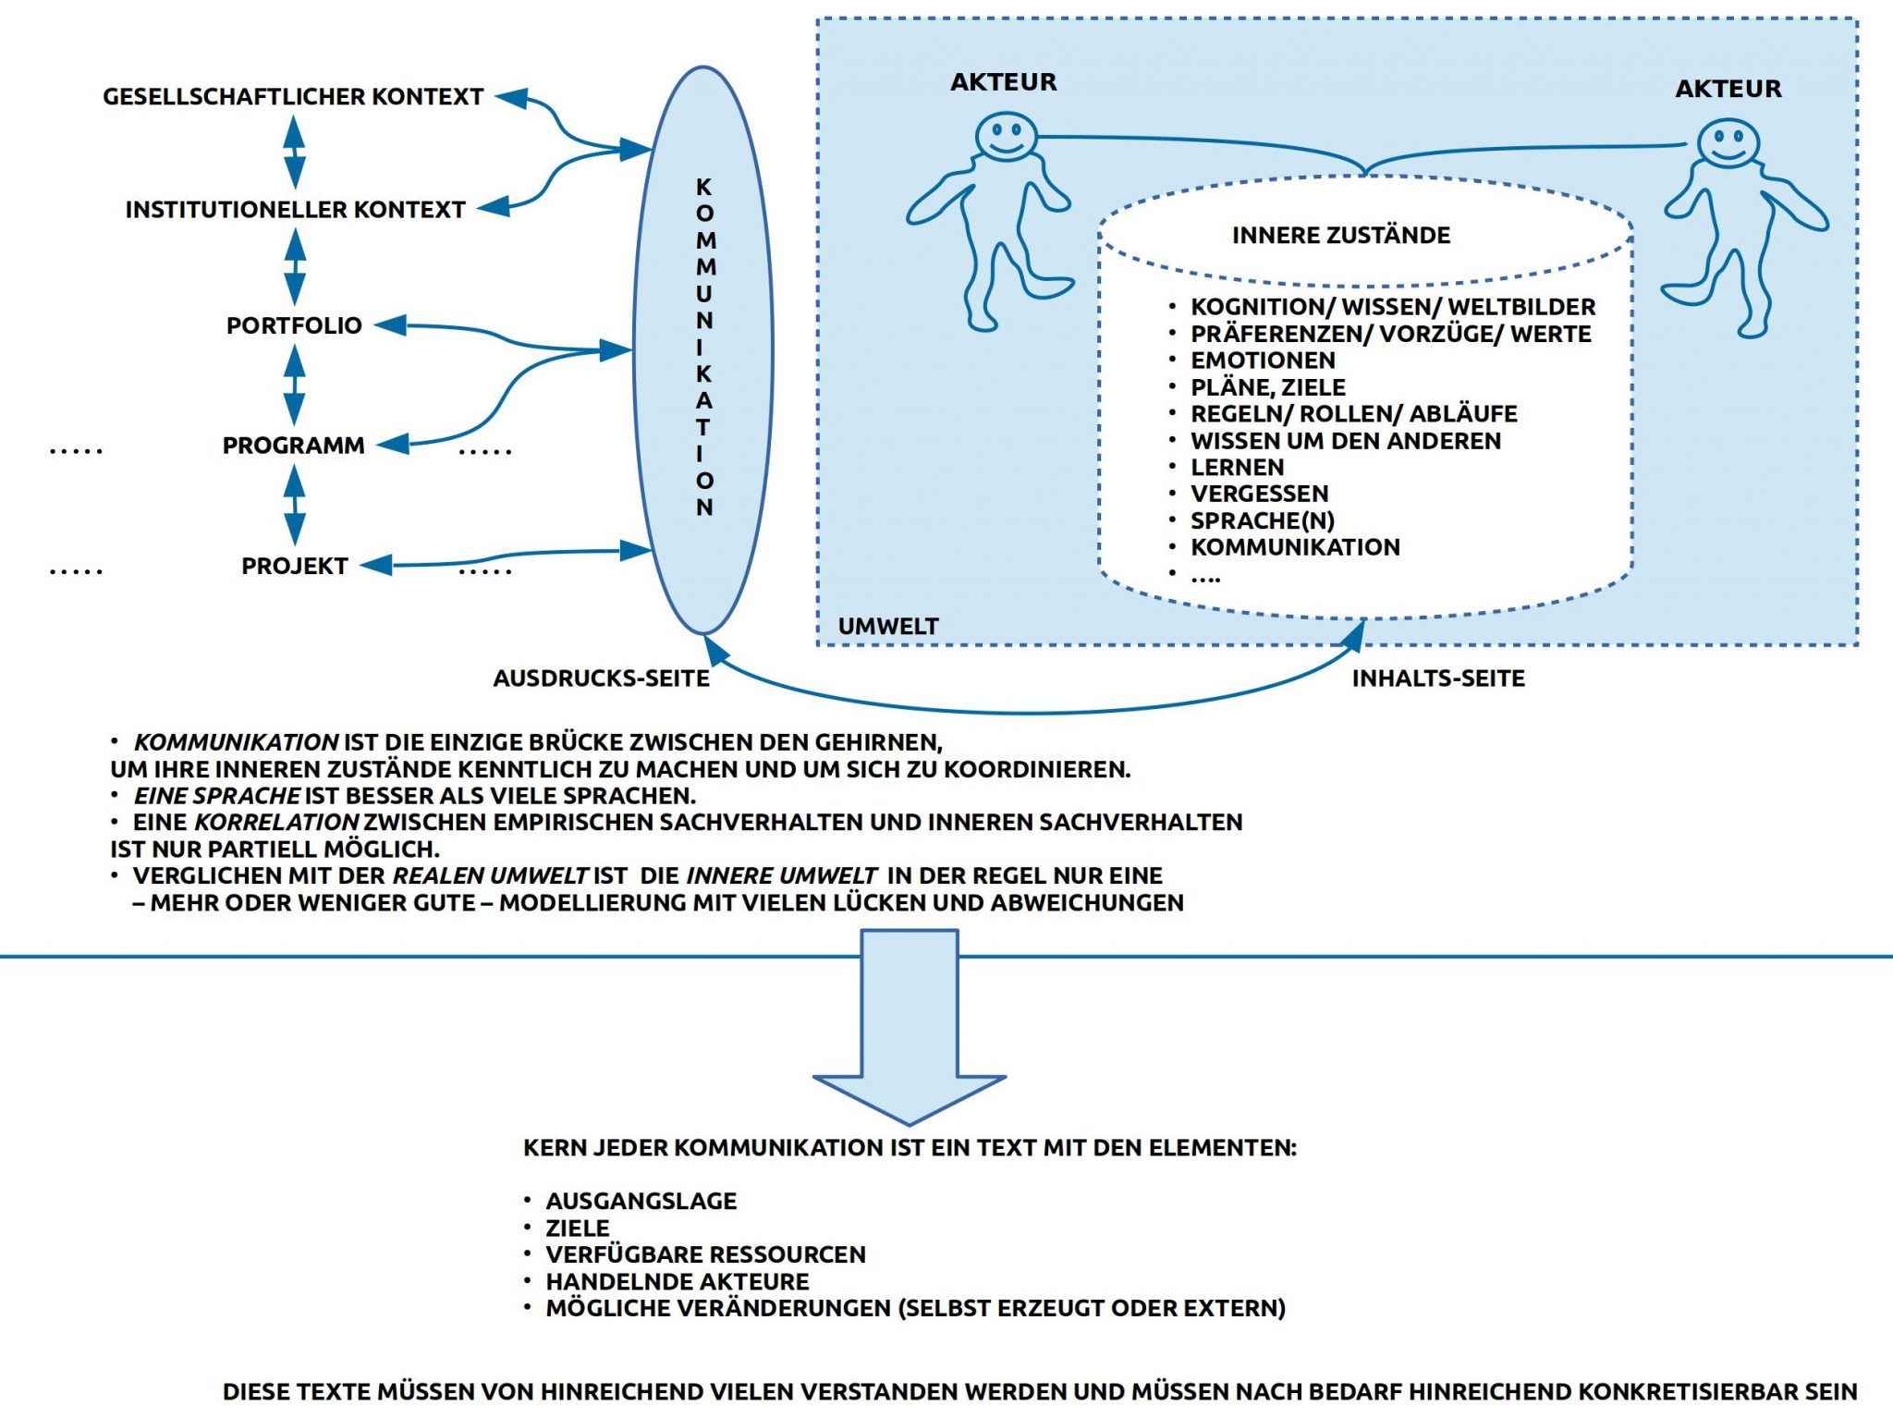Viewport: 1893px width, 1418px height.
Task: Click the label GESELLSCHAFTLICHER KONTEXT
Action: click(293, 97)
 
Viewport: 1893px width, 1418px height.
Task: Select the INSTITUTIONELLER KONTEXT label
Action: click(295, 210)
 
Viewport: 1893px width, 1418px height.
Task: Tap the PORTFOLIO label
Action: click(294, 325)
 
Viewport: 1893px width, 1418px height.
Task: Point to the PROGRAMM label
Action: click(294, 446)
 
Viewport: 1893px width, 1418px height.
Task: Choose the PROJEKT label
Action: click(295, 566)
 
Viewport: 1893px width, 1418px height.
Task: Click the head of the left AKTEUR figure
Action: click(1005, 137)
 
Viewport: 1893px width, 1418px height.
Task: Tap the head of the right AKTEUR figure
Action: click(1728, 143)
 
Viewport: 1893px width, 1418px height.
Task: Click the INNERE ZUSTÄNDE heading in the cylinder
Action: click(1340, 236)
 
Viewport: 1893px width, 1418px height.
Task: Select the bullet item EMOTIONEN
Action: click(1263, 361)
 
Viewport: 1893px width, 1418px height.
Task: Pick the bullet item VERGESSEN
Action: click(1259, 494)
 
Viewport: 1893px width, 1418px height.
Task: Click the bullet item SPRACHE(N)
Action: click(1263, 520)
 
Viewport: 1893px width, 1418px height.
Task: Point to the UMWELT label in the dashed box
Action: click(887, 627)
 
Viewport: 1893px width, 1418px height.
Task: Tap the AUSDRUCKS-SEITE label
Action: click(601, 678)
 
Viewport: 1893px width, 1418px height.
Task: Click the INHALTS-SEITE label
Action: click(1438, 678)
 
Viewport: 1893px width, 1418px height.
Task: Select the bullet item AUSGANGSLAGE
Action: click(641, 1201)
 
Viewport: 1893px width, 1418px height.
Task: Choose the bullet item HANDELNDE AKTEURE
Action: click(677, 1281)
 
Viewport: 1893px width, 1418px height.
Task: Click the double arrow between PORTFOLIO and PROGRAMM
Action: click(294, 385)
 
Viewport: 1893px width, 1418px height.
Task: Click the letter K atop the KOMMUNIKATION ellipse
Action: click(704, 188)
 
